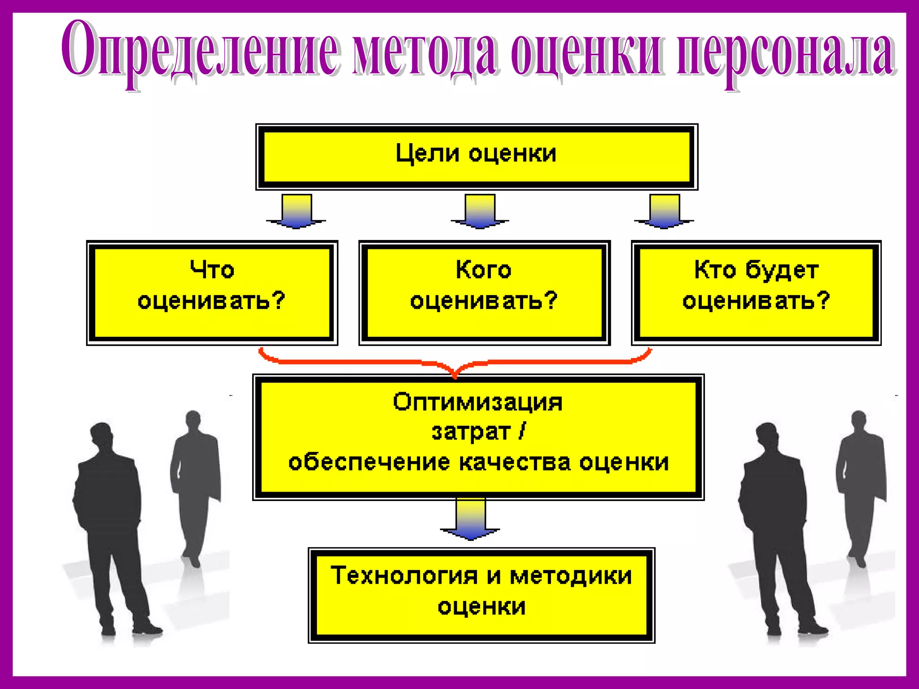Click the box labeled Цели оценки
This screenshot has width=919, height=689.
click(x=476, y=157)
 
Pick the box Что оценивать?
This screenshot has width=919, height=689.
click(x=212, y=292)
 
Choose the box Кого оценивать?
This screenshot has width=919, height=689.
click(x=484, y=292)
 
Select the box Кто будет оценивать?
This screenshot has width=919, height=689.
click(x=756, y=292)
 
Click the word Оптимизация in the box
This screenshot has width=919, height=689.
click(x=477, y=402)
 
